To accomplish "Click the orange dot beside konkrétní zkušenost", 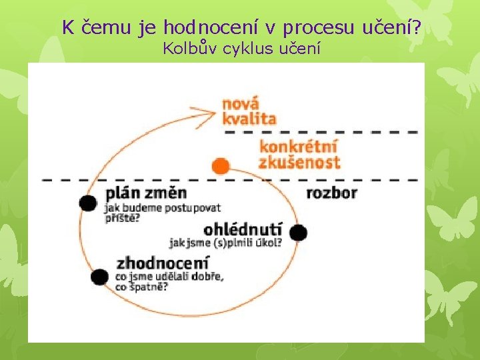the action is tap(219, 165).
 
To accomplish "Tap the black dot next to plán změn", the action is tap(88, 203).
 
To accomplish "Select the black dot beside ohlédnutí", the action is tap(298, 233).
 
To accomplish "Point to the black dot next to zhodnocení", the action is tap(99, 276).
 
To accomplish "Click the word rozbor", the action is tap(331, 193).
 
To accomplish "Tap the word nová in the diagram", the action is tap(241, 105).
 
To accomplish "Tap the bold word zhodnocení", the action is tap(163, 263).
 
